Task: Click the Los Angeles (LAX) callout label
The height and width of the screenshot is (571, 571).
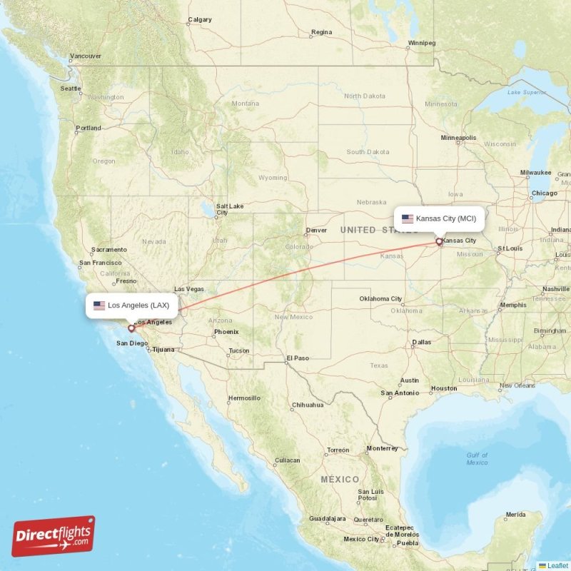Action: tap(132, 305)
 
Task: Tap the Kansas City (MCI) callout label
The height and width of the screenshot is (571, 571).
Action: tap(439, 218)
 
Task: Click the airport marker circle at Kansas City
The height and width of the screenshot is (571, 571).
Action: tap(439, 242)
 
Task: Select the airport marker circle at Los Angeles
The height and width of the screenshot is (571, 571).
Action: tap(131, 329)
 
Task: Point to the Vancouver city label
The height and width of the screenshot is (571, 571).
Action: tap(86, 56)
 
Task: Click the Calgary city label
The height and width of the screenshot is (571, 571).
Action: tap(199, 19)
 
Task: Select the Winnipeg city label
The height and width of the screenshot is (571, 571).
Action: tap(420, 43)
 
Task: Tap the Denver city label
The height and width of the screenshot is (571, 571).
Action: tap(316, 231)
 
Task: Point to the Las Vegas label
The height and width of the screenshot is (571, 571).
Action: tap(189, 289)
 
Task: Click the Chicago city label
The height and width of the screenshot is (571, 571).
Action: tap(544, 193)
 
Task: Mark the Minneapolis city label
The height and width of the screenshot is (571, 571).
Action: tap(458, 137)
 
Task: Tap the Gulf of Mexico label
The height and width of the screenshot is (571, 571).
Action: tap(477, 458)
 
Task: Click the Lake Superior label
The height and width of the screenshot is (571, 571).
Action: tap(525, 92)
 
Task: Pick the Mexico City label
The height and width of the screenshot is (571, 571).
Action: tap(363, 539)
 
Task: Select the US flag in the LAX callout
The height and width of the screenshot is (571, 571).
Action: tap(99, 305)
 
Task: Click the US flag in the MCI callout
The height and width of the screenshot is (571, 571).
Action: tap(408, 218)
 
